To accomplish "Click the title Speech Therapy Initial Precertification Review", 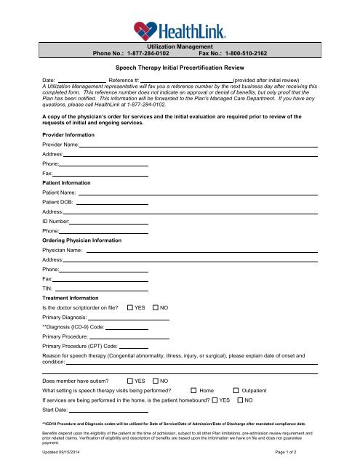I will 180,65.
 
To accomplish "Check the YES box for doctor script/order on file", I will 130,308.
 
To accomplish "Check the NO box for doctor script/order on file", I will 156,308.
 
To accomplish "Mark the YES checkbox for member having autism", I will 130,380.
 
